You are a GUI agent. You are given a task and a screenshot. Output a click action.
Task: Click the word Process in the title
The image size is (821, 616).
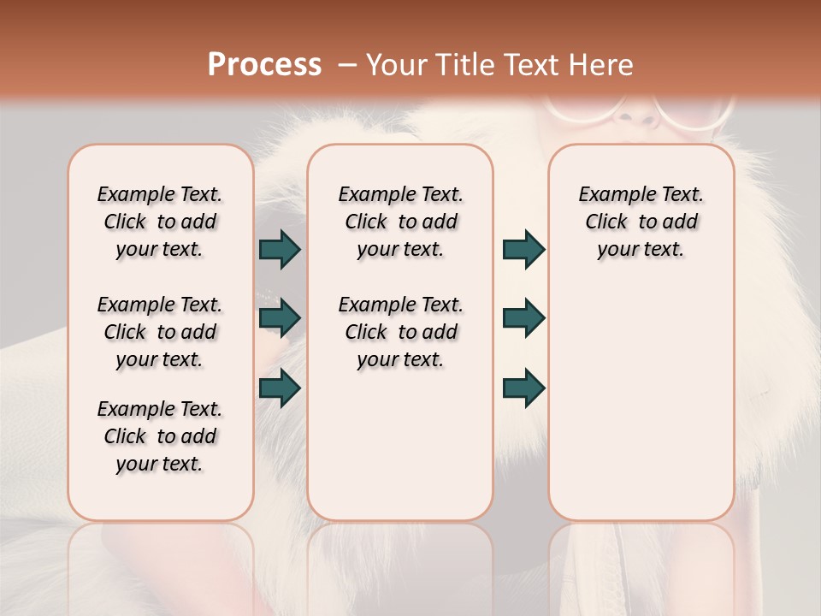pyautogui.click(x=264, y=65)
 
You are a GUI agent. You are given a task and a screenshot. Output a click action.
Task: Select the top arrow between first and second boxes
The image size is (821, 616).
pyautogui.click(x=280, y=249)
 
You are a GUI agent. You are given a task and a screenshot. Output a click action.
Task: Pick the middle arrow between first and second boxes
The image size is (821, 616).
pyautogui.click(x=280, y=318)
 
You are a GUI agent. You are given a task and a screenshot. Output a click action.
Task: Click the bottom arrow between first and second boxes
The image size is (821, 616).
pyautogui.click(x=280, y=388)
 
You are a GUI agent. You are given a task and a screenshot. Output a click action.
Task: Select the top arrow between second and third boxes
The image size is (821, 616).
pyautogui.click(x=523, y=249)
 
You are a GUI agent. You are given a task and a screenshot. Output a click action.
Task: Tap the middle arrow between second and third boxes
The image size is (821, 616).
pyautogui.click(x=523, y=318)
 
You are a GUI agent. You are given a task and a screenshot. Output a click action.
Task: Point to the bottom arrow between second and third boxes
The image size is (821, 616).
pyautogui.click(x=523, y=388)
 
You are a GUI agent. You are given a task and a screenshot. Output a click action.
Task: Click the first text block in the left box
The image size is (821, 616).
pyautogui.click(x=160, y=222)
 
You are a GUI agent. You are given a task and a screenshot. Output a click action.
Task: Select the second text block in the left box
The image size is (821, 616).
pyautogui.click(x=160, y=332)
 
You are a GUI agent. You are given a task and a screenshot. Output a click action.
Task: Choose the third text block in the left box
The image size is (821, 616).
pyautogui.click(x=160, y=436)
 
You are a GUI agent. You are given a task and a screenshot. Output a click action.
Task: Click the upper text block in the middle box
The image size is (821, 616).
pyautogui.click(x=400, y=222)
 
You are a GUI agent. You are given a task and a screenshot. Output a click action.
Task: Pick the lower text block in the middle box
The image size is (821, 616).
pyautogui.click(x=400, y=332)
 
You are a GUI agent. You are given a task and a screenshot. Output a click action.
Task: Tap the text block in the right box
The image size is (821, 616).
pyautogui.click(x=641, y=222)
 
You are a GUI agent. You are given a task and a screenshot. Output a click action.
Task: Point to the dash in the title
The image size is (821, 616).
pyautogui.click(x=347, y=65)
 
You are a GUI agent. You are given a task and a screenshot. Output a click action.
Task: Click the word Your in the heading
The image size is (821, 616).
pyautogui.click(x=398, y=65)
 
